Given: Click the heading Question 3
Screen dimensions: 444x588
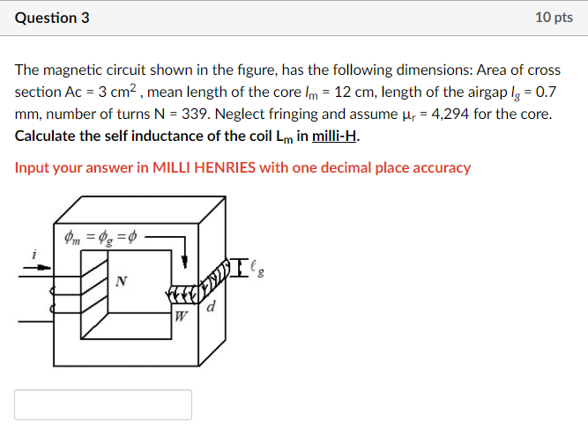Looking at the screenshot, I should pyautogui.click(x=52, y=18).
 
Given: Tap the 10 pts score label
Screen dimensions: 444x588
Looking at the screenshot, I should pyautogui.click(x=554, y=18).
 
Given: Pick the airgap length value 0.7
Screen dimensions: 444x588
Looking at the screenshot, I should pyautogui.click(x=543, y=92).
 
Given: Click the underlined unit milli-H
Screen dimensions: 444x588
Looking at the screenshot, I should pyautogui.click(x=336, y=137).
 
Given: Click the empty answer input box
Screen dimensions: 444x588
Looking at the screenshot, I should pyautogui.click(x=103, y=404).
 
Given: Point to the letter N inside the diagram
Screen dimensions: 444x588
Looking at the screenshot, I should pyautogui.click(x=121, y=282).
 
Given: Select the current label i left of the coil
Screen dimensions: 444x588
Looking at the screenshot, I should pyautogui.click(x=33, y=254).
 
